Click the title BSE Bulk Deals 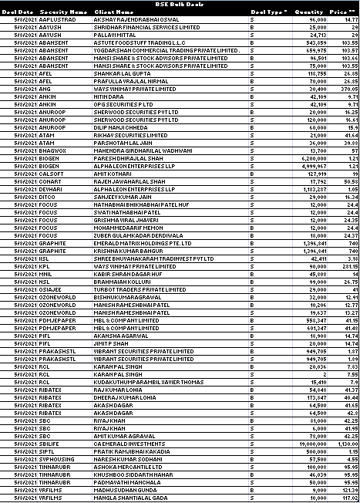(x=179, y=4)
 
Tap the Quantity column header (x=308, y=12)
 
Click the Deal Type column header (x=268, y=12)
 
